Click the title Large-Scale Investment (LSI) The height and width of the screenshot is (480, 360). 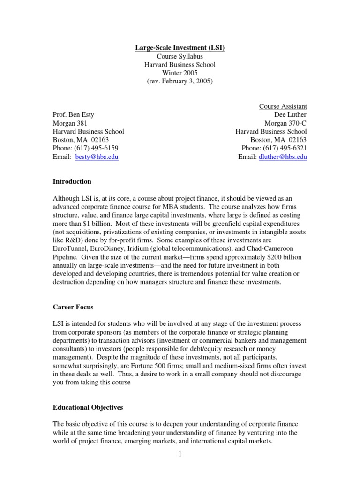[180, 47]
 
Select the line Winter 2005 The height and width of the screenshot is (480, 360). [180, 73]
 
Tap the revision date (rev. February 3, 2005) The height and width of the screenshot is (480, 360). [180, 82]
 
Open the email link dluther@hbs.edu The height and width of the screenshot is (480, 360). [283, 157]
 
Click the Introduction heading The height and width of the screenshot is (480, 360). [72, 181]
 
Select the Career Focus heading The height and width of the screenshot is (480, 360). [73, 307]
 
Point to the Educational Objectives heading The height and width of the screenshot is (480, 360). [88, 408]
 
